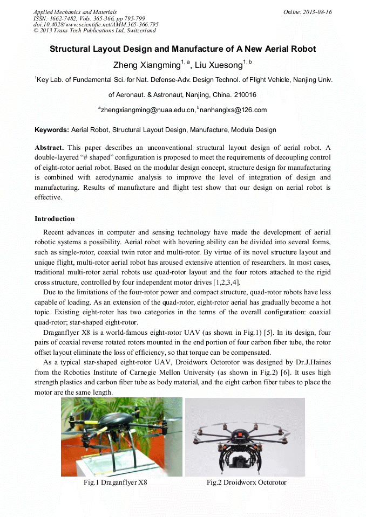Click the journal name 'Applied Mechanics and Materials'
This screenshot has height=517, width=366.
point(74,12)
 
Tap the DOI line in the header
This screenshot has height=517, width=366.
point(96,24)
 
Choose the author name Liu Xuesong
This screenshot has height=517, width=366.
point(218,65)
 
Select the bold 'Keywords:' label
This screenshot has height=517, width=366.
point(52,130)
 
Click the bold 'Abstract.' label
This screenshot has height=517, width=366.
point(49,148)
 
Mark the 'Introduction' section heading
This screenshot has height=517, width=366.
point(55,219)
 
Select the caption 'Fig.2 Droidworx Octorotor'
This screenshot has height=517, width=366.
point(246,482)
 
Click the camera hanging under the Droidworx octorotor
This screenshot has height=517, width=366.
point(240,459)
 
